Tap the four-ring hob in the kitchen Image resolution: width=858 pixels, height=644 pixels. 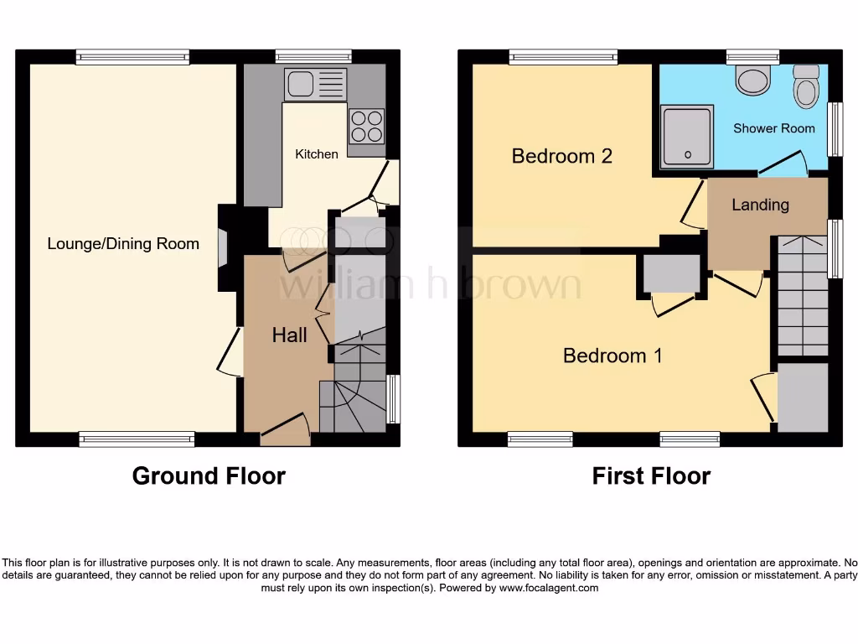(366, 127)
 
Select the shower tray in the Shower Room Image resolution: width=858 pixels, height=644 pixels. (687, 136)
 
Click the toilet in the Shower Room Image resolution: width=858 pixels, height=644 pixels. (806, 86)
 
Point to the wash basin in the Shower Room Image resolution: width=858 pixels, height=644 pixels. (753, 80)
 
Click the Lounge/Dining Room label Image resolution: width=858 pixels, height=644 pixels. (123, 244)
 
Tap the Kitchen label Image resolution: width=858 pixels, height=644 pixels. (317, 154)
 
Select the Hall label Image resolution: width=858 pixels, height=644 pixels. (289, 335)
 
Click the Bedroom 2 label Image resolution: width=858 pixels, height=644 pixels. (561, 156)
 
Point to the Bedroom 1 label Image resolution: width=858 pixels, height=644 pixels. (612, 356)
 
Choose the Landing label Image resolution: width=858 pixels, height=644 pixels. (760, 205)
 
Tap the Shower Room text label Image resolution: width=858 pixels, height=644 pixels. (773, 128)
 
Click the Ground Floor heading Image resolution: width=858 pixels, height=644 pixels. (209, 476)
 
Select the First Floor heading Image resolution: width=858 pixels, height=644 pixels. (651, 476)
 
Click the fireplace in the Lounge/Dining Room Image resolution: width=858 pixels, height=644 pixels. (224, 248)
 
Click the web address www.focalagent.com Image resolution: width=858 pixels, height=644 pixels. (549, 588)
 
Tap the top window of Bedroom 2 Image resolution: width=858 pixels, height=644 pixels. (563, 57)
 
